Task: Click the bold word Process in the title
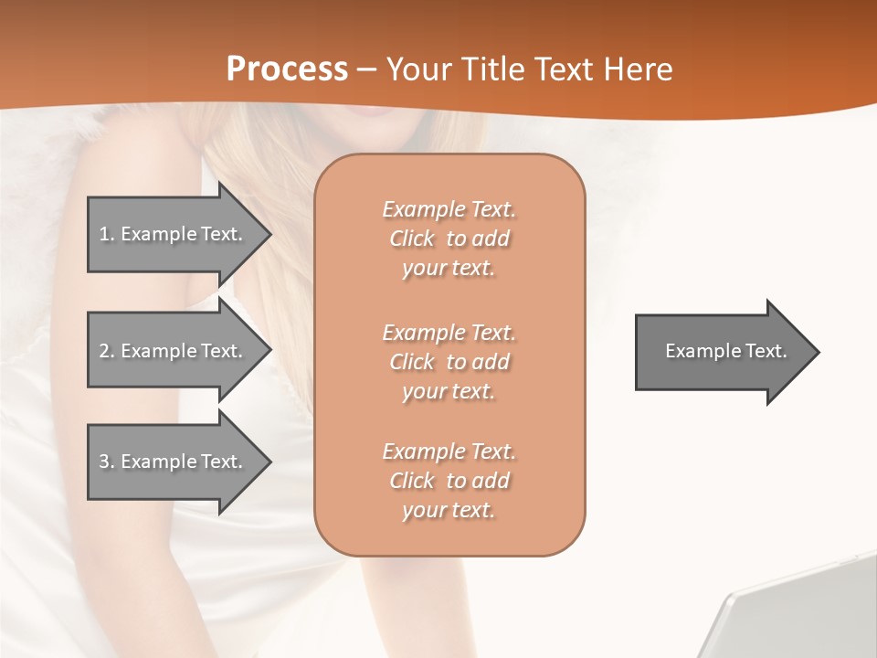[287, 69]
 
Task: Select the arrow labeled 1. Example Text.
[174, 234]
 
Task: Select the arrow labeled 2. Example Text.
[174, 351]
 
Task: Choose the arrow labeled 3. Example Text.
[174, 462]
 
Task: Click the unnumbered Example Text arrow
[722, 352]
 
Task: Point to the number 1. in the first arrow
[106, 234]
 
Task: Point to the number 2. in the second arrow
[106, 351]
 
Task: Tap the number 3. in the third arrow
[106, 462]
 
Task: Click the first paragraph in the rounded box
[449, 239]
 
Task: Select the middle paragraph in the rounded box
[449, 362]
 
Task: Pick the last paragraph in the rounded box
[449, 481]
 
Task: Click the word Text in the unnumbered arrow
[766, 351]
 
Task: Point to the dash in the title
[367, 70]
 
